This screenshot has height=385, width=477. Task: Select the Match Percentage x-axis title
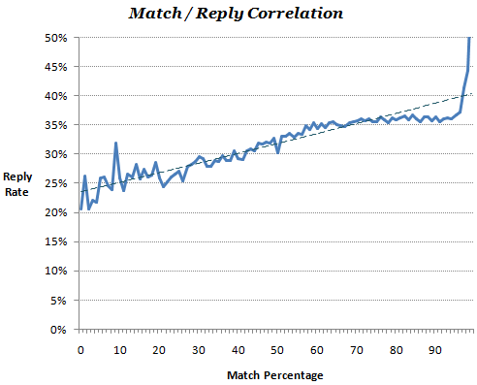pos(274,373)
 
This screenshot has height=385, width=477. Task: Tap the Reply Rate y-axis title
pos(18,183)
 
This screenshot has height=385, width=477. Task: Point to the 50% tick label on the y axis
pos(55,37)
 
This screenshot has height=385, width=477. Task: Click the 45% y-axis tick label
pos(55,67)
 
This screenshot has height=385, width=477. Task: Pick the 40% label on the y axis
pos(55,96)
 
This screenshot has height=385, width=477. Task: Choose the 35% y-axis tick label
pos(55,125)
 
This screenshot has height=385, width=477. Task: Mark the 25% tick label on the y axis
pos(55,183)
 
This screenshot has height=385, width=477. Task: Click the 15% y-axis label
pos(55,242)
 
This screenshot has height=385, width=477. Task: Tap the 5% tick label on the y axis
pos(58,301)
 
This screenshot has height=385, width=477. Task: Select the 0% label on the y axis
pos(58,330)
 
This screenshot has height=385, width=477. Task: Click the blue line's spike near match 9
pos(116,144)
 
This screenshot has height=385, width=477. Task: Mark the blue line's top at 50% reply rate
pos(470,38)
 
